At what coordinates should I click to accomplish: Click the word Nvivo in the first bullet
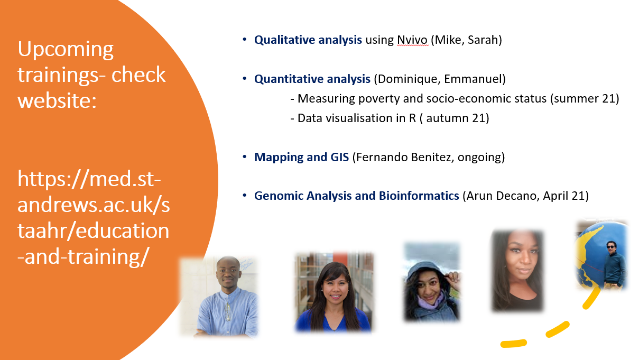(x=412, y=40)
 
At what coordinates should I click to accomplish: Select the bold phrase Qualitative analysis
(x=308, y=40)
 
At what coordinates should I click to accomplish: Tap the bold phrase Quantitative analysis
(x=312, y=79)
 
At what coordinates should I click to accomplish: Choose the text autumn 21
(x=455, y=118)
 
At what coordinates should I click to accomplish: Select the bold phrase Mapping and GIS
(x=301, y=157)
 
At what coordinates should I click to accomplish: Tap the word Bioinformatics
(x=419, y=196)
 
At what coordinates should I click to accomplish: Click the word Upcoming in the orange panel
(x=66, y=50)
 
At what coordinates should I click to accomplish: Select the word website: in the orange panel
(x=57, y=100)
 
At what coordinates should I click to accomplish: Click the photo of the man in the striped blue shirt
(x=220, y=297)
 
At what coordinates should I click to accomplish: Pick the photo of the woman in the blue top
(x=334, y=292)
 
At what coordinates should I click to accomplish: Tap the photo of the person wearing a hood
(x=432, y=282)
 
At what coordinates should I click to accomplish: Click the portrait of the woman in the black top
(x=517, y=271)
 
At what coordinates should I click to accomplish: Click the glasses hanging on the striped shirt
(x=227, y=311)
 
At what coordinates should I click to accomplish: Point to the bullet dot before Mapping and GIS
(x=245, y=156)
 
